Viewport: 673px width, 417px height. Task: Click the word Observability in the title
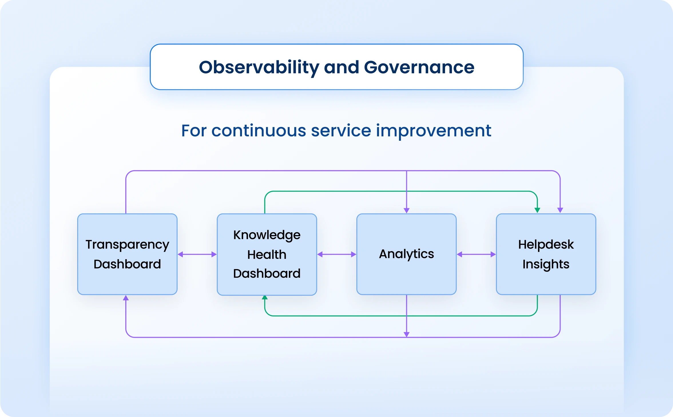click(259, 67)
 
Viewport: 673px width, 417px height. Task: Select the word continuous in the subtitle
click(259, 131)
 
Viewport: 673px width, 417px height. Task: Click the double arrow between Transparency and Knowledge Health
click(197, 254)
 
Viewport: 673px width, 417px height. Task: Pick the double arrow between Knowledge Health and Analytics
click(337, 254)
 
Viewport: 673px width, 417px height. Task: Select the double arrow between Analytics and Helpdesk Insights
click(476, 254)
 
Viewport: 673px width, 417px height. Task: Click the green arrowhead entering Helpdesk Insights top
click(537, 211)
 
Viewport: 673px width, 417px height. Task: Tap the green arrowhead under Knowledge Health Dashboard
click(265, 298)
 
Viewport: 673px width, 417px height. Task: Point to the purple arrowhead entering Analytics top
click(406, 211)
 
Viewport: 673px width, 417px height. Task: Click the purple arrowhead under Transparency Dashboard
click(126, 298)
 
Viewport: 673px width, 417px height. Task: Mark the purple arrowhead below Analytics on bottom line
click(406, 334)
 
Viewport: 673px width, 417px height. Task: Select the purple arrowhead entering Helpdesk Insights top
click(560, 211)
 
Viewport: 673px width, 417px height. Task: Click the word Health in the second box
click(267, 255)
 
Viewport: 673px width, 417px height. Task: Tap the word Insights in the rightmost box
click(546, 264)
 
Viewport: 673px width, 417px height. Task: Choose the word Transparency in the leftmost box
click(127, 245)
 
